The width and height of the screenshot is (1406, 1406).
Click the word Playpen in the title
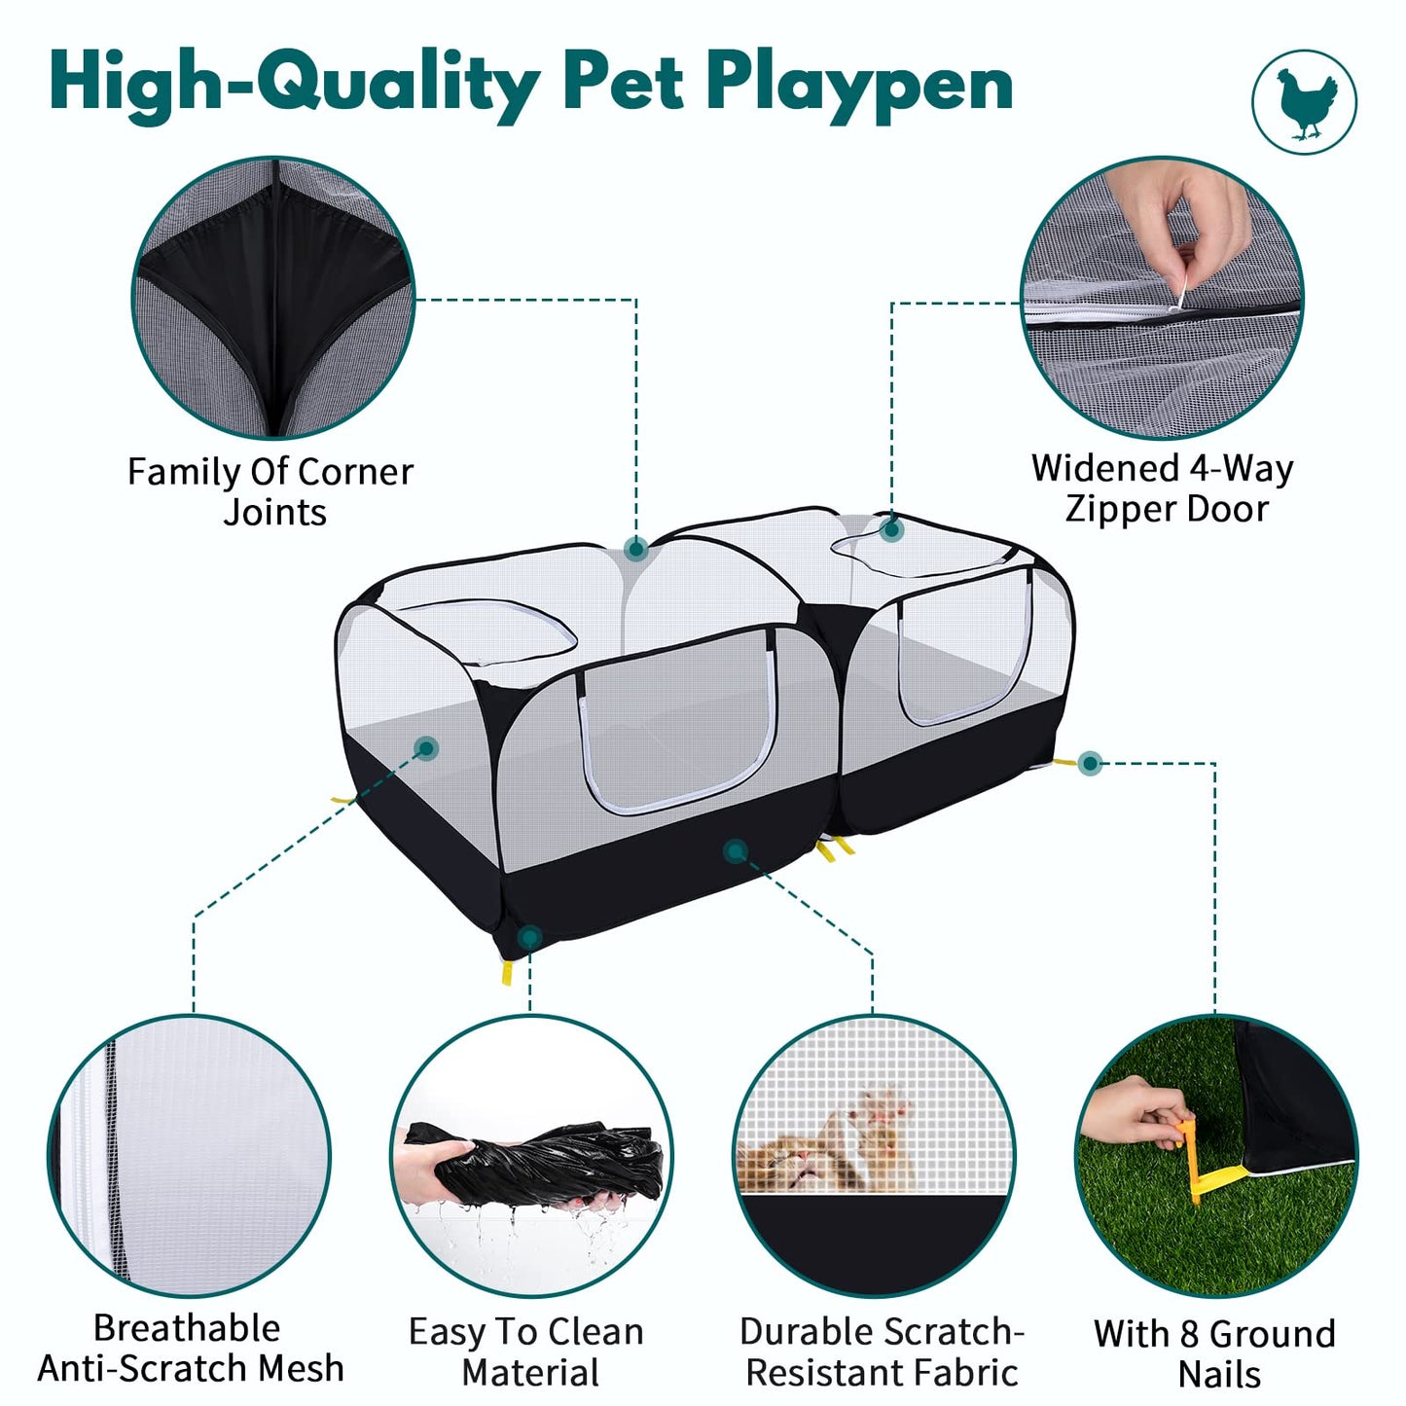pyautogui.click(x=859, y=88)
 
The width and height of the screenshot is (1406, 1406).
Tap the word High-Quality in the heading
pyautogui.click(x=295, y=88)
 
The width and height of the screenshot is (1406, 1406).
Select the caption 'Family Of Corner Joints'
pyautogui.click(x=270, y=491)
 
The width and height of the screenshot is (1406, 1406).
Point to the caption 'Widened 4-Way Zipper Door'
pyautogui.click(x=1163, y=488)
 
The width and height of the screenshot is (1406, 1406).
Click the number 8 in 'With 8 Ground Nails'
pyautogui.click(x=1189, y=1335)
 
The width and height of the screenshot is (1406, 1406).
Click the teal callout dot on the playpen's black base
pyautogui.click(x=736, y=850)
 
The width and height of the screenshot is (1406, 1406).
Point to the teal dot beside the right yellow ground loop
pyautogui.click(x=1090, y=764)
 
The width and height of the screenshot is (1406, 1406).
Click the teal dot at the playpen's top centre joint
pyautogui.click(x=636, y=548)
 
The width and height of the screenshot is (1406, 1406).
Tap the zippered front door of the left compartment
pyautogui.click(x=678, y=722)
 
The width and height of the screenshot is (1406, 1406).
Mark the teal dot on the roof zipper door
pyautogui.click(x=891, y=529)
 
